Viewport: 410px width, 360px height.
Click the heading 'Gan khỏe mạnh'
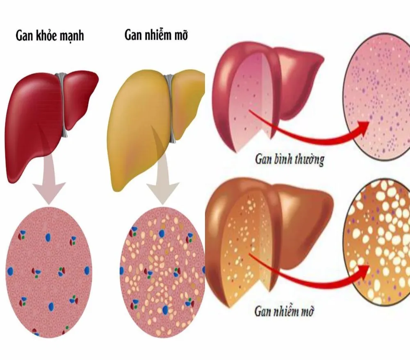pos(50,36)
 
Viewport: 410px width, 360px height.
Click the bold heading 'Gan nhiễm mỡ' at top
pos(156,34)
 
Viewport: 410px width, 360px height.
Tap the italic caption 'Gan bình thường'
pos(290,159)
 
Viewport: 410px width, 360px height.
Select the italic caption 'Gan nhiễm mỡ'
pos(284,311)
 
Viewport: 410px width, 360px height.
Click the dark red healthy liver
pos(51,125)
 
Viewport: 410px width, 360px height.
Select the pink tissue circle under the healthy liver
pos(49,272)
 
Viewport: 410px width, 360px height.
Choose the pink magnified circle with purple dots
pos(376,96)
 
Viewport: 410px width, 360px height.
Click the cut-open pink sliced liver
pos(268,96)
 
